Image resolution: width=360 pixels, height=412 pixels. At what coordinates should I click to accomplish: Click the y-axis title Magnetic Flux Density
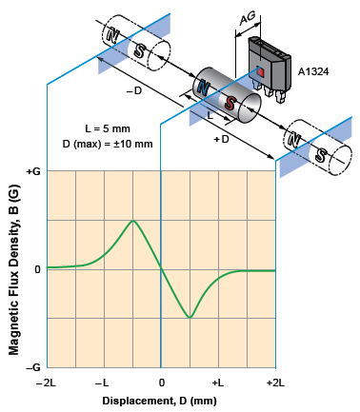13,269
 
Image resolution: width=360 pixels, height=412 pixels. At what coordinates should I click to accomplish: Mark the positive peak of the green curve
132,221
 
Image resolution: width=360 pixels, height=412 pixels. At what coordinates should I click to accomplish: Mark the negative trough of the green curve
190,317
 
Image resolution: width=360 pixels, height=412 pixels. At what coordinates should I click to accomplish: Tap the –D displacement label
136,92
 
